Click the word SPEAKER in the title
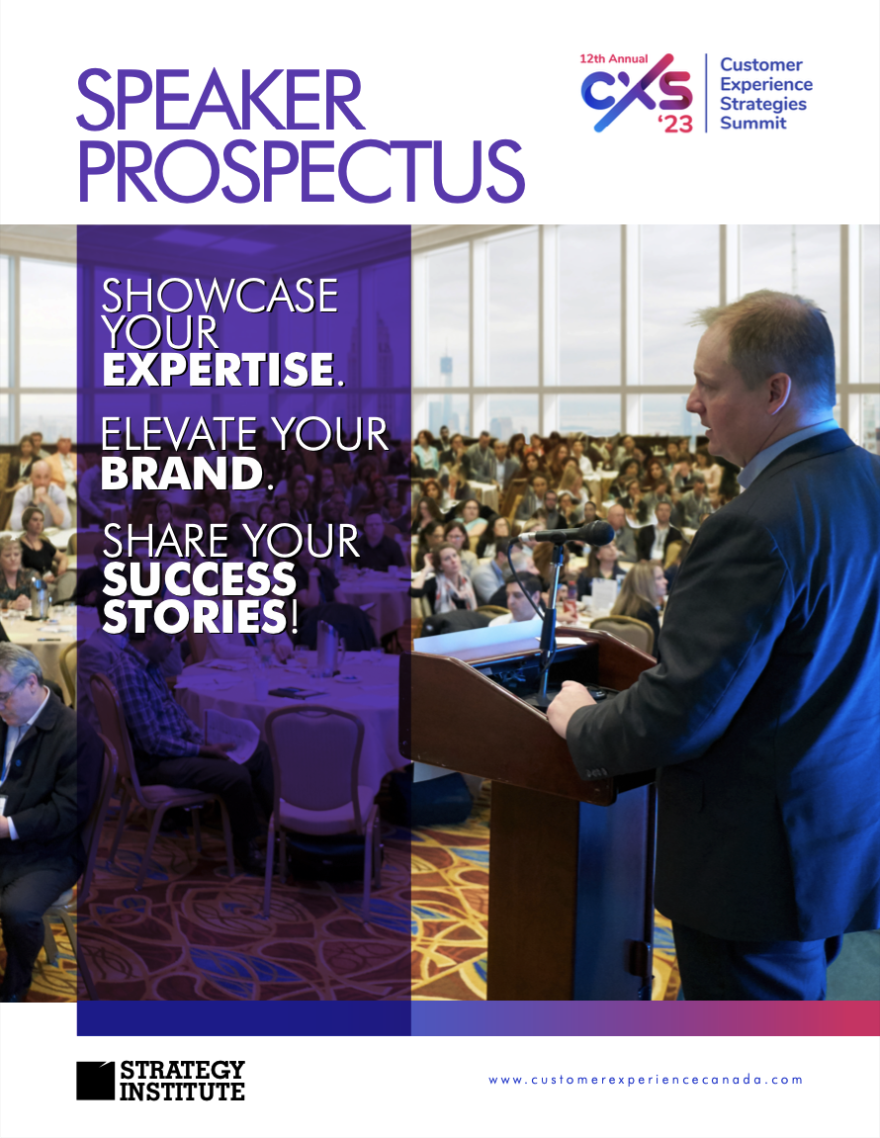[x=220, y=100]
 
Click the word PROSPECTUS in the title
[x=301, y=171]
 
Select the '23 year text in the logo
[x=675, y=124]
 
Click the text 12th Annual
[x=614, y=58]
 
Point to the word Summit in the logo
[x=752, y=123]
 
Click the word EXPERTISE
[x=218, y=370]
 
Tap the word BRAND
[x=182, y=474]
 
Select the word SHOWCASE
[x=220, y=296]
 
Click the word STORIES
[x=195, y=617]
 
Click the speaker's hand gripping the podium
[x=568, y=708]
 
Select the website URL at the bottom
[x=646, y=1080]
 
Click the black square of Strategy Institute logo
[x=95, y=1081]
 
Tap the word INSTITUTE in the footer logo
[x=182, y=1092]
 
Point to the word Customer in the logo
[x=761, y=64]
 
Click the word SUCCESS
[x=200, y=579]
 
